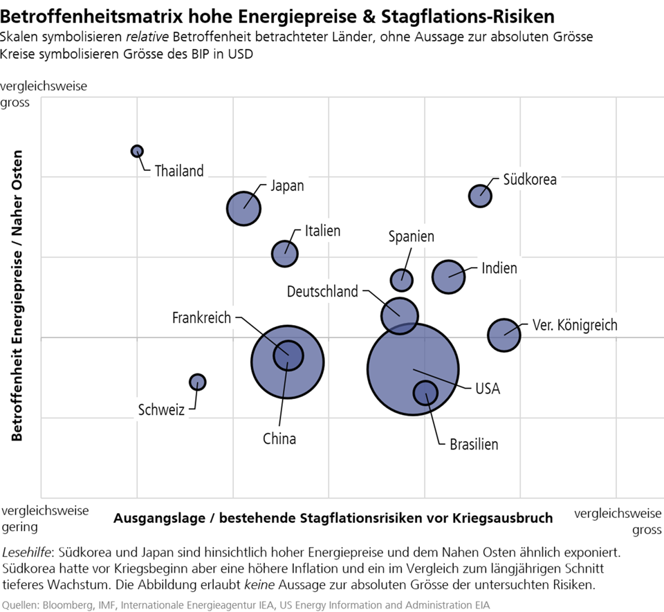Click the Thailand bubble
click(137, 151)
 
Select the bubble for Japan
click(243, 208)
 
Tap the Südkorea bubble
click(480, 196)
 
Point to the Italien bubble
click(284, 253)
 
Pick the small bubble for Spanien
click(402, 280)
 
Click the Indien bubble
click(449, 277)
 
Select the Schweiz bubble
click(198, 382)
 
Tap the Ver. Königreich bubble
click(504, 335)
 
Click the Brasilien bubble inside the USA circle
click(425, 393)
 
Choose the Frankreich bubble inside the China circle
click(288, 355)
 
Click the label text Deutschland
click(322, 291)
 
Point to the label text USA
click(487, 389)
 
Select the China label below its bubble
click(279, 438)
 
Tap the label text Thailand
click(179, 171)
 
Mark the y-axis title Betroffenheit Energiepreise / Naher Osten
click(17, 295)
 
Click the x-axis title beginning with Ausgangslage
click(333, 518)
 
